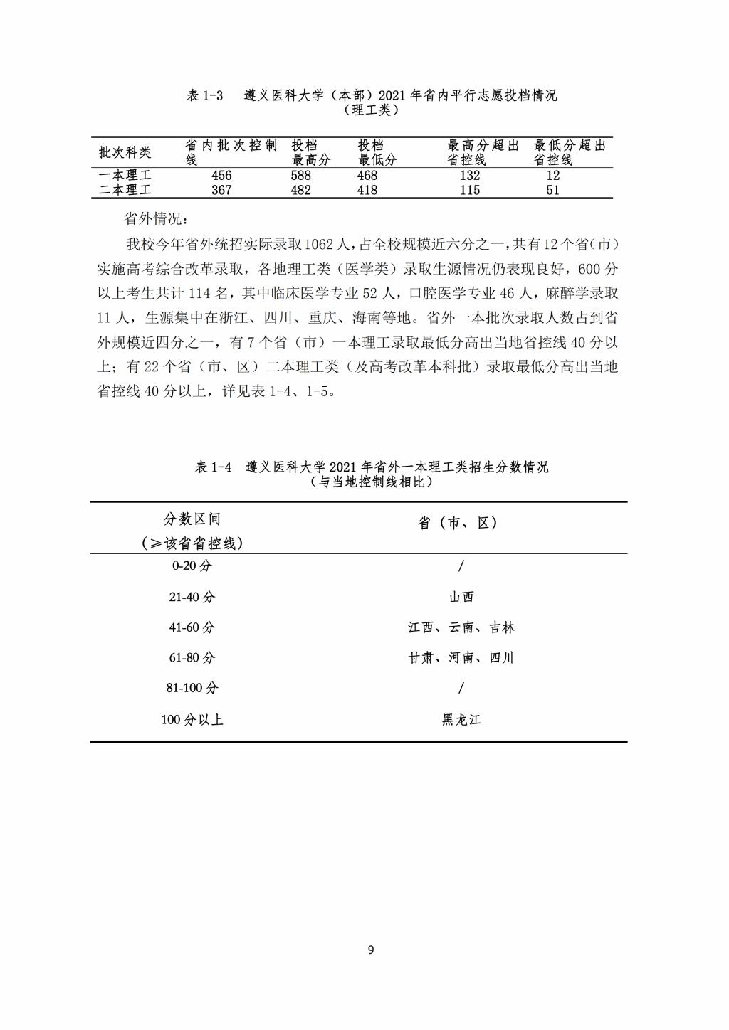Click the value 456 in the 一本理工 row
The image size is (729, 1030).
pyautogui.click(x=221, y=176)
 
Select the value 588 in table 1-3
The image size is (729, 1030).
pyautogui.click(x=301, y=176)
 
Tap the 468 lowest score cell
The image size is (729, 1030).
pyautogui.click(x=367, y=176)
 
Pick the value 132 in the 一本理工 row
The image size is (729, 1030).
pyautogui.click(x=470, y=176)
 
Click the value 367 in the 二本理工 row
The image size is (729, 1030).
pyautogui.click(x=221, y=190)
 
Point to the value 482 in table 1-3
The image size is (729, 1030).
pyautogui.click(x=301, y=190)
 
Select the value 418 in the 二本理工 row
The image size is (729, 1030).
pyautogui.click(x=367, y=190)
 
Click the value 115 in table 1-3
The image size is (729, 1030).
pyautogui.click(x=470, y=190)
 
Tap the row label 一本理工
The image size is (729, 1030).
pyautogui.click(x=125, y=176)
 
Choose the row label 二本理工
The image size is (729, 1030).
pyautogui.click(x=125, y=190)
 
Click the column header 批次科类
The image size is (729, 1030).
pyautogui.click(x=125, y=153)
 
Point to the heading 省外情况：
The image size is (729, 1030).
pyautogui.click(x=154, y=218)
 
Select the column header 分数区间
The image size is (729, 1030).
pyautogui.click(x=192, y=519)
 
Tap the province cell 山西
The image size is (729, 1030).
pyautogui.click(x=461, y=598)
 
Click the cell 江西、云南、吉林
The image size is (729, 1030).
pyautogui.click(x=461, y=627)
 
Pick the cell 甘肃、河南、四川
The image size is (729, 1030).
pyautogui.click(x=461, y=658)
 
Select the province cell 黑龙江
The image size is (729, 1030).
pyautogui.click(x=461, y=720)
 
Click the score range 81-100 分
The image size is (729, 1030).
pyautogui.click(x=192, y=689)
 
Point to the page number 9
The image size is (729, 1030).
pyautogui.click(x=371, y=950)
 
